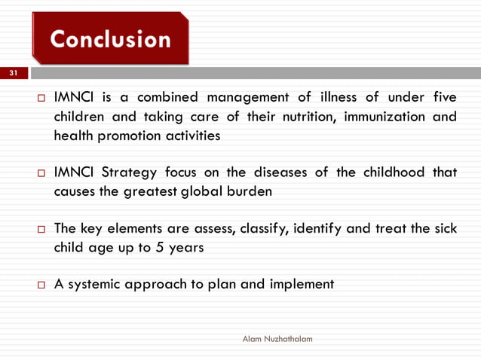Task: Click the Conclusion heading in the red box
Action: (110, 39)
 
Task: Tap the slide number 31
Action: (13, 74)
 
